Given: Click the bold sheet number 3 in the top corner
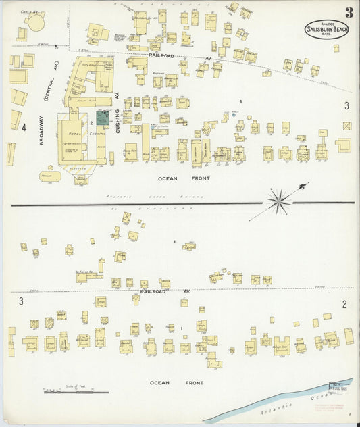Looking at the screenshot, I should coord(348,12).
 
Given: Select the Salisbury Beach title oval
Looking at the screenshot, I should coord(326,30).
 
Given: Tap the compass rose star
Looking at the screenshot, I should coord(278,200).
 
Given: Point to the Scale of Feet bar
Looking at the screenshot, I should coord(75,391).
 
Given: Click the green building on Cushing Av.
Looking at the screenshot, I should coord(102,119).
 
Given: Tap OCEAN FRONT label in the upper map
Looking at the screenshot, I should coord(174,178).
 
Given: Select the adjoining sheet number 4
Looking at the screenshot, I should coord(23,126).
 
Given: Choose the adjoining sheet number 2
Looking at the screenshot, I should coord(344,303).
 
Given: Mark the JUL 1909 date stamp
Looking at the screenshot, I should coord(342,387).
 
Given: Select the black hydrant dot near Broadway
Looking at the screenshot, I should coord(57,47).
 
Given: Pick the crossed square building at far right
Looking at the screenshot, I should coord(346,126).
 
